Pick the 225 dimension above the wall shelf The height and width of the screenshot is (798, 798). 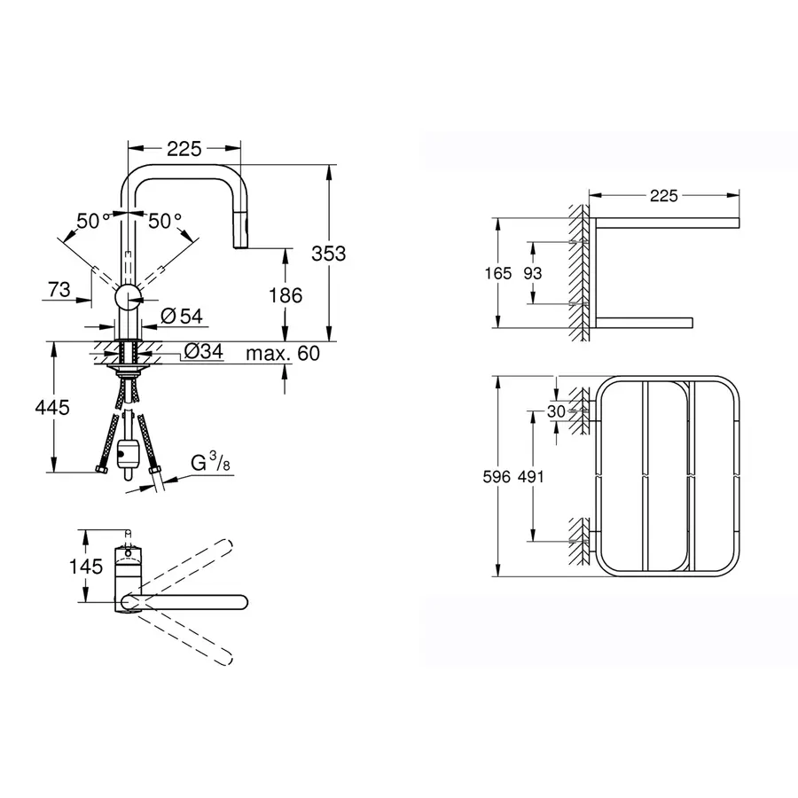[x=664, y=195]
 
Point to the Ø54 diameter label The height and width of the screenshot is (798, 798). [x=183, y=317]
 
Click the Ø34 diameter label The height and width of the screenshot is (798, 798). [x=203, y=353]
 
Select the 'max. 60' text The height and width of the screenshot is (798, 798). [x=283, y=353]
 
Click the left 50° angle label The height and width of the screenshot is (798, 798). [x=93, y=221]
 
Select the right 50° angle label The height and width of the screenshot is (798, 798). [x=165, y=221]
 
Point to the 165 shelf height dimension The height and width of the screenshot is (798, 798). [x=499, y=273]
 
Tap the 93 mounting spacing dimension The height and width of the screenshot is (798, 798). [x=532, y=273]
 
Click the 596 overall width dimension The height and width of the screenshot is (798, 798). [x=498, y=477]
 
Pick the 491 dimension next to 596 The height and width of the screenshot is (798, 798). [x=531, y=477]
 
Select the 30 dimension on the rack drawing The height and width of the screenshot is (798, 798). [x=556, y=411]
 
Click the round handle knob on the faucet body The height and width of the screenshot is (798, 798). [x=129, y=296]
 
